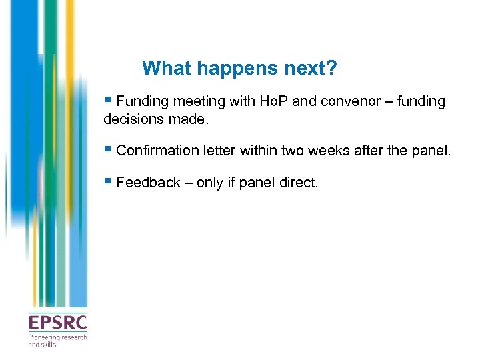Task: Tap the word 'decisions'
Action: [x=132, y=119]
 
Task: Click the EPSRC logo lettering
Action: [x=57, y=323]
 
